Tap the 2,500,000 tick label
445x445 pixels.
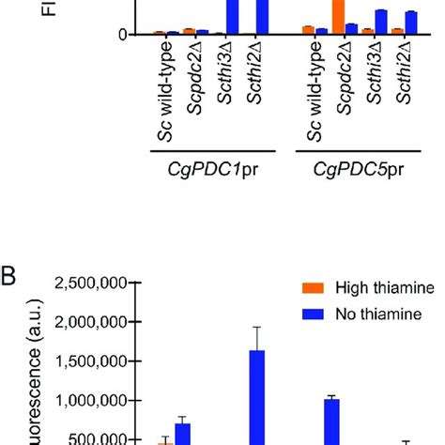pos(93,283)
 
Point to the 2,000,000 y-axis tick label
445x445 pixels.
pos(93,322)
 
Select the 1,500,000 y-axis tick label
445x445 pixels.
pos(93,361)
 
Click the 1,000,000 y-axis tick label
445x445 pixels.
pos(93,401)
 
